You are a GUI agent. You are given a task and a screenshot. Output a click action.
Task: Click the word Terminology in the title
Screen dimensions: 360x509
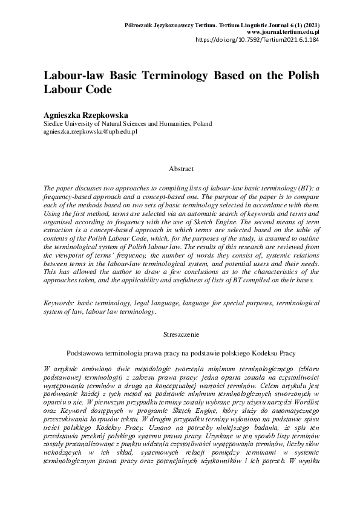(159, 77)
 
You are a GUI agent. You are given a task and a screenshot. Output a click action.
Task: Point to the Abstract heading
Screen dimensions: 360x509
(180, 169)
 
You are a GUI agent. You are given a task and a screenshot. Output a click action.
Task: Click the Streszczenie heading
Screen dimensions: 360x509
(180, 333)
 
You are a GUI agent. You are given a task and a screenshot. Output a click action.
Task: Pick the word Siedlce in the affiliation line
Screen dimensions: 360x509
(54, 123)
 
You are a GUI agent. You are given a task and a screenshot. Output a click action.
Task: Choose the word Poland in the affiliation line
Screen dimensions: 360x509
(201, 123)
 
